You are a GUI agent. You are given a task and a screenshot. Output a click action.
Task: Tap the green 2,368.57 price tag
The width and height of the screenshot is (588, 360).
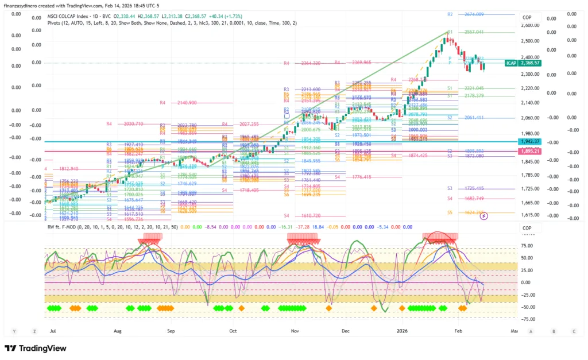(x=531, y=63)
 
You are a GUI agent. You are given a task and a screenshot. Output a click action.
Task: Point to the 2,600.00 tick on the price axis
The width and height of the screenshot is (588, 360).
(x=531, y=25)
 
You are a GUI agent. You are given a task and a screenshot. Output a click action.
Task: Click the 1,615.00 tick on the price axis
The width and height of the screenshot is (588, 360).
(x=531, y=215)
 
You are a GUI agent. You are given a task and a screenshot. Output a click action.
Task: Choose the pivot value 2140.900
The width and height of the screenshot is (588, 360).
(x=187, y=103)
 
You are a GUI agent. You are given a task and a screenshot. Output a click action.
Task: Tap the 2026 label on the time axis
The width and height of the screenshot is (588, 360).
(x=401, y=331)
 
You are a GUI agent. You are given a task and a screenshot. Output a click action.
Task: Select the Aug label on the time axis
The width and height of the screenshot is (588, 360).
(x=118, y=331)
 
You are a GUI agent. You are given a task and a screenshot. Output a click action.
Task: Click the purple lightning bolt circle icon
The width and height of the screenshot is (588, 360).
(x=483, y=216)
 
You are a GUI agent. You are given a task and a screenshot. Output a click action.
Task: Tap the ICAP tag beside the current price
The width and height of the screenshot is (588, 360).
(x=511, y=63)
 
